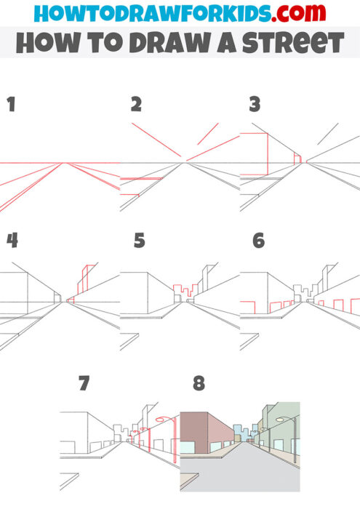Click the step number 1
point(11,105)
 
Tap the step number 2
point(135,105)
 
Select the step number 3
point(255,105)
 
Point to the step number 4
point(12,241)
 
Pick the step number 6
point(258,241)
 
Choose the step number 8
point(199,382)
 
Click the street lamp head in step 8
point(281,420)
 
